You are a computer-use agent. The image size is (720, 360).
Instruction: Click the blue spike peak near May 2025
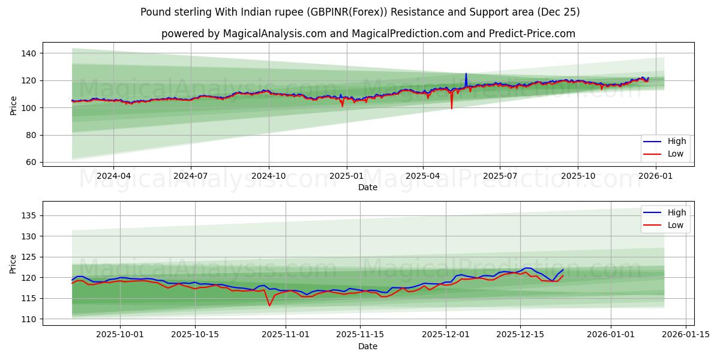pos(466,74)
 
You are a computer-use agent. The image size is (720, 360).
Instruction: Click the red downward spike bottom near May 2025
pos(451,109)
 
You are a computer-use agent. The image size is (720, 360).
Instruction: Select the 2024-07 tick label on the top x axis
pos(191,176)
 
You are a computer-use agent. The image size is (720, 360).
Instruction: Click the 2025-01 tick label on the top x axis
pos(346,176)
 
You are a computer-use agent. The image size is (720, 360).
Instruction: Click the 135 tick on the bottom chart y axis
pos(30,215)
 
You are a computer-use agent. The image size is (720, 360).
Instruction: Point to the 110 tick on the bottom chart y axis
pos(30,319)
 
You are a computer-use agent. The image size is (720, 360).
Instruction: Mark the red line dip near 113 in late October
pos(269,305)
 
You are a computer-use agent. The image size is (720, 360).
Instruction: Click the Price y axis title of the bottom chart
pos(13,263)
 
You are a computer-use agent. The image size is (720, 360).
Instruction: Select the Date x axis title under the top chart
pos(367,187)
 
